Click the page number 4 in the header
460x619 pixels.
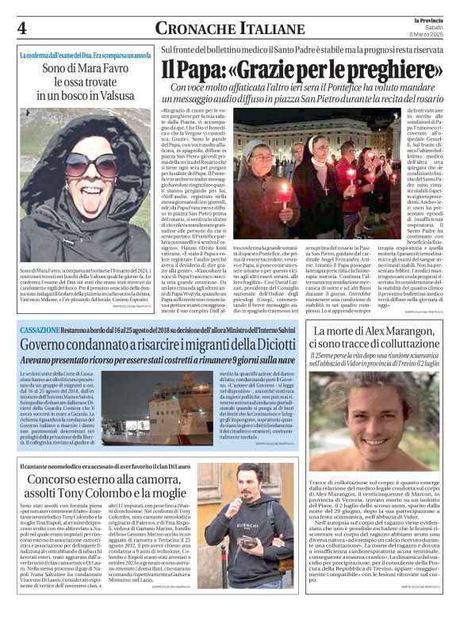point(21,27)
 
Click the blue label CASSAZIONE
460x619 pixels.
point(42,327)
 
